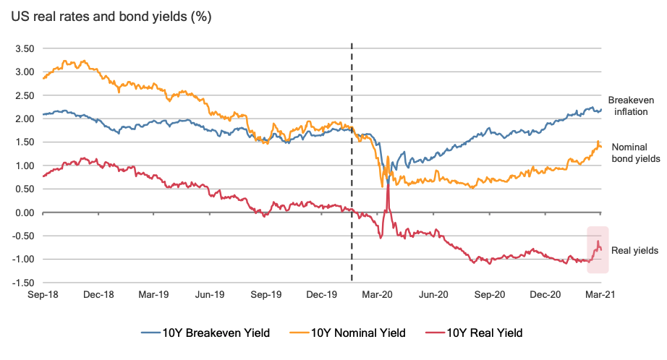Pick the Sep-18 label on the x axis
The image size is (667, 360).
42,295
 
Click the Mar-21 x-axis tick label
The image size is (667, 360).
600,295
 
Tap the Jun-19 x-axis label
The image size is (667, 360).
209,295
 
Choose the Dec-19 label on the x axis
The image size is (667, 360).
321,295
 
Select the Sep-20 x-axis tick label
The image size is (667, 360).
488,295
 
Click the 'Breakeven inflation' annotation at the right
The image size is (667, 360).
627,106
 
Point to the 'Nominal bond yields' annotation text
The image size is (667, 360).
634,153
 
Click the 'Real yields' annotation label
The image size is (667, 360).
634,251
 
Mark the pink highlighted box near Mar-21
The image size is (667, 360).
598,249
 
